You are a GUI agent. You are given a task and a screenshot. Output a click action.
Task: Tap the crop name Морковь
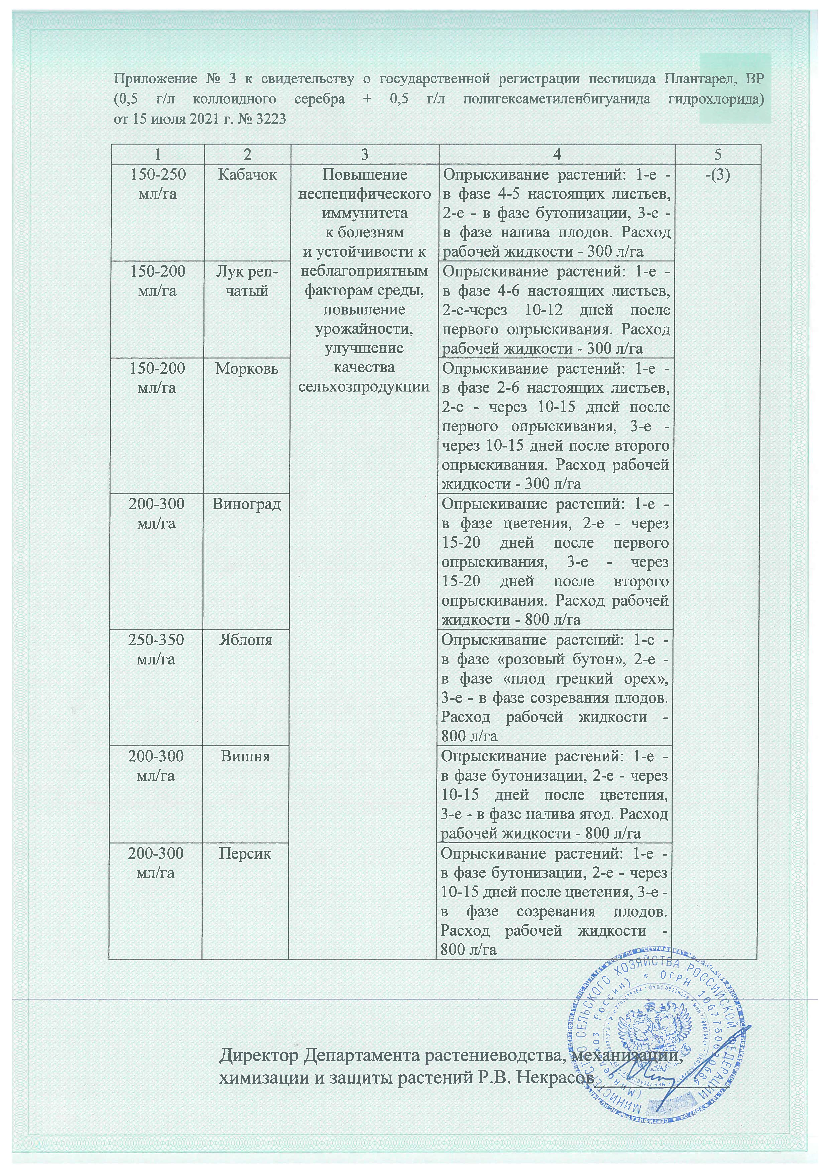247,368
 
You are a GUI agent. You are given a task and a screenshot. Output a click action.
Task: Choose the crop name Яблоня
246,640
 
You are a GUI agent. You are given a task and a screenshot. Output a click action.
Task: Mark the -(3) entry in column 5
717,175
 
